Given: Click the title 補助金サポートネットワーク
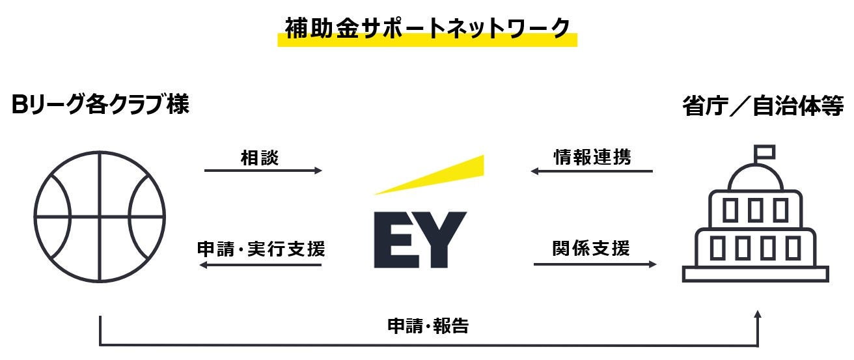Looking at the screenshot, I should pyautogui.click(x=427, y=27).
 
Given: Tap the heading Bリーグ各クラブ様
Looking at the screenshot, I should pyautogui.click(x=101, y=105).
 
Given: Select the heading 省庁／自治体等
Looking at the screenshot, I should pyautogui.click(x=763, y=106).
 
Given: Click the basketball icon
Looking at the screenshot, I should pyautogui.click(x=100, y=216).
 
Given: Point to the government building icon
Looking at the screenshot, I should pyautogui.click(x=755, y=221).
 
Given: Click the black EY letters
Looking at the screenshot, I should pyautogui.click(x=420, y=240).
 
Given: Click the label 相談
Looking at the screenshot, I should pyautogui.click(x=259, y=158).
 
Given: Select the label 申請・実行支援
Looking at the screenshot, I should pyautogui.click(x=261, y=249).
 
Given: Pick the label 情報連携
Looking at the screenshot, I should pyautogui.click(x=592, y=158).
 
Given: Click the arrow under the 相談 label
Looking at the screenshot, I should pyautogui.click(x=263, y=171).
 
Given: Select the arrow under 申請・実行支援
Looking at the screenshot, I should pyautogui.click(x=260, y=265).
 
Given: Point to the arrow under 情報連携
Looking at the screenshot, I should pyautogui.click(x=592, y=171).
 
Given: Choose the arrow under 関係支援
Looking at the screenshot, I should pyautogui.click(x=595, y=264).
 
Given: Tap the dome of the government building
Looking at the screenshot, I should pyautogui.click(x=755, y=178).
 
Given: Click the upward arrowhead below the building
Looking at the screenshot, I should pyautogui.click(x=757, y=315).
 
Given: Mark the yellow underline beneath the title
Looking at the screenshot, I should pyautogui.click(x=427, y=41).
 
